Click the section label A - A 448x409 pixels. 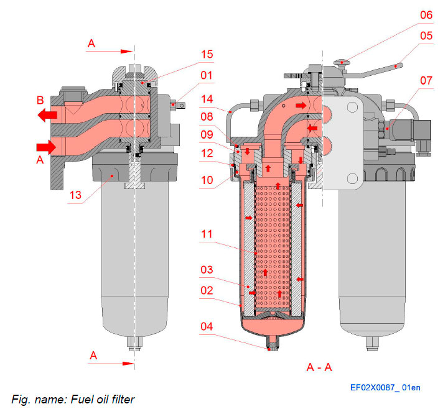319,367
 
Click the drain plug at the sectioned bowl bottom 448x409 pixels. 269,344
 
